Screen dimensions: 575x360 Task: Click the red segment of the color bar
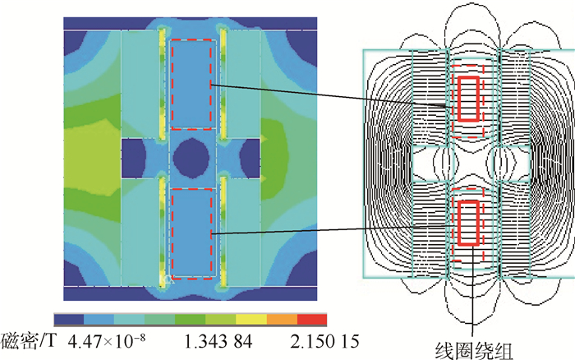pos(311,319)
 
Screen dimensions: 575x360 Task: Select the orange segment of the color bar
pos(282,319)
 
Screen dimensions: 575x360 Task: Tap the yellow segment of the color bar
pos(251,319)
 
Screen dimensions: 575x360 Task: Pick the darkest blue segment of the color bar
pos(69,319)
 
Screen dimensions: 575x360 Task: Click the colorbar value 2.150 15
pos(325,342)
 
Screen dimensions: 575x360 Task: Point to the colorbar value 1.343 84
pos(218,342)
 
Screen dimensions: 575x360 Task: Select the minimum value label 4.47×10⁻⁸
pos(107,341)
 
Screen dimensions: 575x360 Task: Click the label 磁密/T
pos(29,341)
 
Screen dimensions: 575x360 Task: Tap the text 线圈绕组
pos(474,350)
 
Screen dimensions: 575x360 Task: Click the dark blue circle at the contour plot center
pos(191,159)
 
